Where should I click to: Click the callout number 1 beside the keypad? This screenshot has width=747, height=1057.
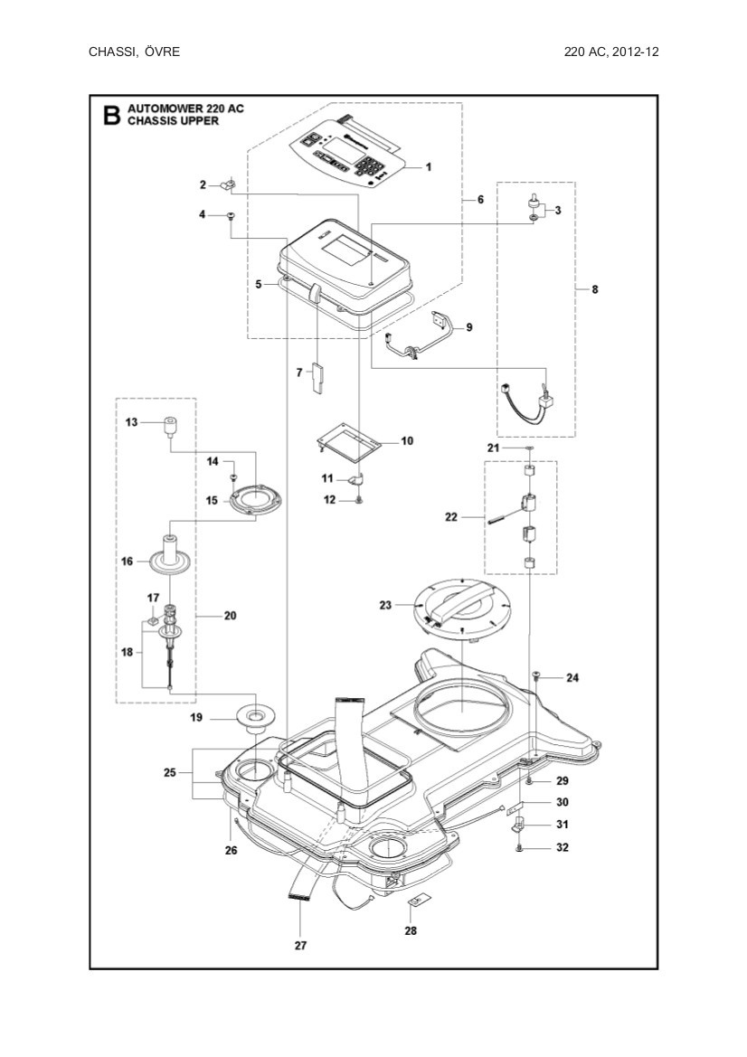click(x=428, y=166)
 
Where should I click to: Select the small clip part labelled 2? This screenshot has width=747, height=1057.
click(x=228, y=185)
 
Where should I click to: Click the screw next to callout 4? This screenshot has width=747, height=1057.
click(x=231, y=215)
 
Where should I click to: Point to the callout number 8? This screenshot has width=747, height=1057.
click(x=594, y=290)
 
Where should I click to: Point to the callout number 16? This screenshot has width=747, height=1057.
click(x=128, y=562)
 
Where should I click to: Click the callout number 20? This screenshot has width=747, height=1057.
click(x=230, y=616)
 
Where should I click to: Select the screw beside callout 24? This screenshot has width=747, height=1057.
click(x=536, y=676)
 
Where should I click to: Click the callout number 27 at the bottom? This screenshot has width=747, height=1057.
click(x=300, y=946)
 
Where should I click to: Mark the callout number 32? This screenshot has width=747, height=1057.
click(x=562, y=848)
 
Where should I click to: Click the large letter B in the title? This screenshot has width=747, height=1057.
click(x=110, y=116)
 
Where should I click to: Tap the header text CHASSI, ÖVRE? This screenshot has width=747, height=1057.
click(x=134, y=52)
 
